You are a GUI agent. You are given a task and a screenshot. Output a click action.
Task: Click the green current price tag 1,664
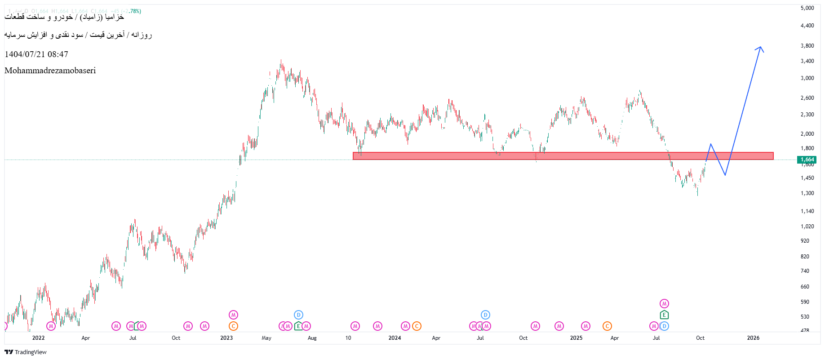(807, 160)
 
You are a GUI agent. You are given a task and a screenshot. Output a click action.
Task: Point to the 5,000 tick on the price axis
(807, 8)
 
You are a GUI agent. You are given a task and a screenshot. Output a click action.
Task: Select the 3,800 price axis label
(807, 46)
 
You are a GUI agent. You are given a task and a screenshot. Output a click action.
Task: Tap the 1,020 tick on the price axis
(807, 227)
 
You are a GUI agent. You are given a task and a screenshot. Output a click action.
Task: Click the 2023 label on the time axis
(226, 338)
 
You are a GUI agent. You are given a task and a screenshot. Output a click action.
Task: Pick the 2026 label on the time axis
(753, 338)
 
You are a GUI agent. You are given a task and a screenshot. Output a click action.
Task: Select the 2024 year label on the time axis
(395, 338)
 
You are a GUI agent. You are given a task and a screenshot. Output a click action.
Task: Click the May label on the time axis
(266, 338)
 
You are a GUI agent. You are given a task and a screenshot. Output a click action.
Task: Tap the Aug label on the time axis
(312, 338)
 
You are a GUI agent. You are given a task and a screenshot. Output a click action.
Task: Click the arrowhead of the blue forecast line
(760, 47)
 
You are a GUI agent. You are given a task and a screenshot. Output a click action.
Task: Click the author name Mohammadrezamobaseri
(50, 71)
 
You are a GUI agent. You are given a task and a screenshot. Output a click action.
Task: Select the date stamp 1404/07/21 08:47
(36, 54)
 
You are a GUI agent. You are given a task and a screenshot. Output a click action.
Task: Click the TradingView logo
(26, 352)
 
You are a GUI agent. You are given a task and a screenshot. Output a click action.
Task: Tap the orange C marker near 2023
(233, 326)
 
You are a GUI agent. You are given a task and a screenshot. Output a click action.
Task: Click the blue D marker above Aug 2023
(298, 315)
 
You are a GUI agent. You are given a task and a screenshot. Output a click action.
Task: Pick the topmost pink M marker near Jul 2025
(664, 304)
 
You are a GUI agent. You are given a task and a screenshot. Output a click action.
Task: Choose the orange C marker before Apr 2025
(607, 326)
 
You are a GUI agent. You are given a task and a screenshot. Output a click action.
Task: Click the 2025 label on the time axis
(576, 338)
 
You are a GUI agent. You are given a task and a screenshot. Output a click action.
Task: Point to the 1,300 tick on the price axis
(807, 193)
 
